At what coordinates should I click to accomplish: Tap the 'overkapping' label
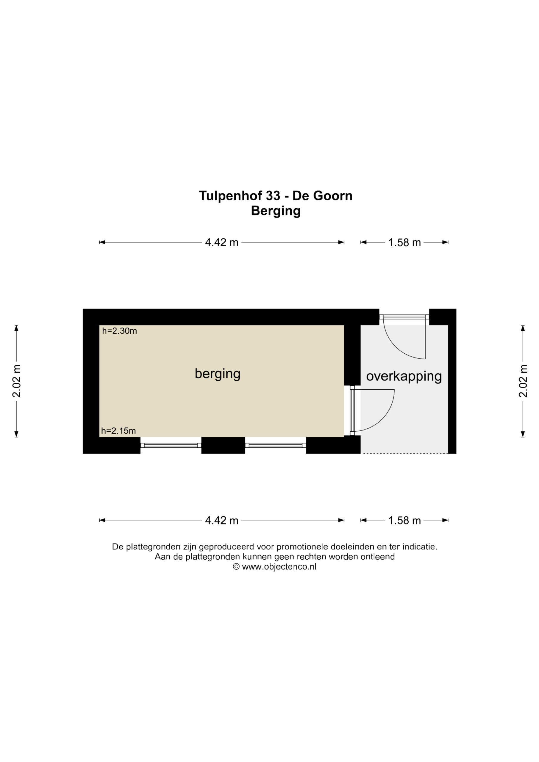pos(404,377)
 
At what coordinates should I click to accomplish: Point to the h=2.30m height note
pos(119,331)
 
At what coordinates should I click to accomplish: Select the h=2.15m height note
pos(118,431)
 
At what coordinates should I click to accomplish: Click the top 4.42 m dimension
pos(222,242)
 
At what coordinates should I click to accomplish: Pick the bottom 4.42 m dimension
pos(222,520)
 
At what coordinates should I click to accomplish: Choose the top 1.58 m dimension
pos(404,242)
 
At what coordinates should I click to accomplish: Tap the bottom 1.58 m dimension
pos(404,520)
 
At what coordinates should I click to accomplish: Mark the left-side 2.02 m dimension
pos(16,381)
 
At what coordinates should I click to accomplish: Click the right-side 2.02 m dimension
pos(523,381)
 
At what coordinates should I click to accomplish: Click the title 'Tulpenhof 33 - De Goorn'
pos(276,196)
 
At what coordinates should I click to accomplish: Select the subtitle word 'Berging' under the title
pos(276,211)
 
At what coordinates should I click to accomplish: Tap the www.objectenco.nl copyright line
pos(274,566)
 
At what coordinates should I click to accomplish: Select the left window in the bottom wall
pos(171,445)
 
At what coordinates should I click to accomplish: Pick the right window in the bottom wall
pos(276,445)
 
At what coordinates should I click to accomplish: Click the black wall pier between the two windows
pos(223,445)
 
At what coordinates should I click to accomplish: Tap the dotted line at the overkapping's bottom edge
pos(404,453)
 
